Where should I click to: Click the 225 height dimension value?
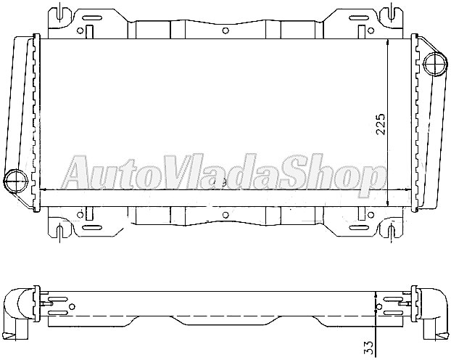[x=380, y=124]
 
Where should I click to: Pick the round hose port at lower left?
[x=15, y=179]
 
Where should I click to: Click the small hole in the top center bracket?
[x=225, y=30]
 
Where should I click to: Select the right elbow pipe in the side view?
[x=434, y=312]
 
